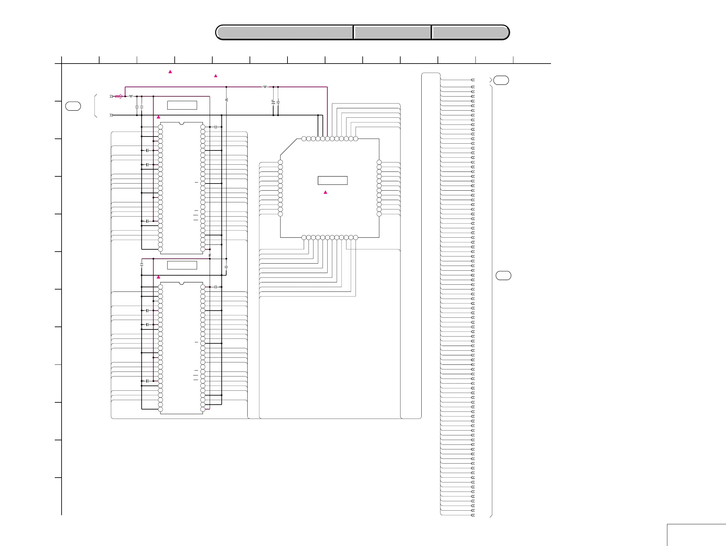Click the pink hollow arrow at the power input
pyautogui.click(x=119, y=96)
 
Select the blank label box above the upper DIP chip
pyautogui.click(x=182, y=105)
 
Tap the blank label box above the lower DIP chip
pyautogui.click(x=182, y=265)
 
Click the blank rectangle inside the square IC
pyautogui.click(x=333, y=181)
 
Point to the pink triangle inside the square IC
pyautogui.click(x=325, y=192)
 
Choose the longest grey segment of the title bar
pyautogui.click(x=285, y=32)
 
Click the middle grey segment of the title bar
pyautogui.click(x=392, y=32)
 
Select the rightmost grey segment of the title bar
pyautogui.click(x=470, y=32)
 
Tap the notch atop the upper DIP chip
pyautogui.click(x=181, y=124)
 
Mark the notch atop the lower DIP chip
pyautogui.click(x=181, y=283)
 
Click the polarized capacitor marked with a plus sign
pyautogui.click(x=273, y=102)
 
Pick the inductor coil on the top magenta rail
pyautogui.click(x=265, y=87)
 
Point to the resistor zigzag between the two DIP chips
pyautogui.click(x=210, y=255)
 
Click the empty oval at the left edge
pyautogui.click(x=73, y=106)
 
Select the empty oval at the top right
pyautogui.click(x=501, y=80)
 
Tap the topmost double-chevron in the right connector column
pyautogui.click(x=473, y=80)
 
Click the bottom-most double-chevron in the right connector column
pyautogui.click(x=473, y=515)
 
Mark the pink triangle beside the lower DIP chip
pyautogui.click(x=158, y=277)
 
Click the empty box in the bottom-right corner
pyautogui.click(x=696, y=535)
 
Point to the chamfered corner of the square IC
pyautogui.click(x=288, y=147)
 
